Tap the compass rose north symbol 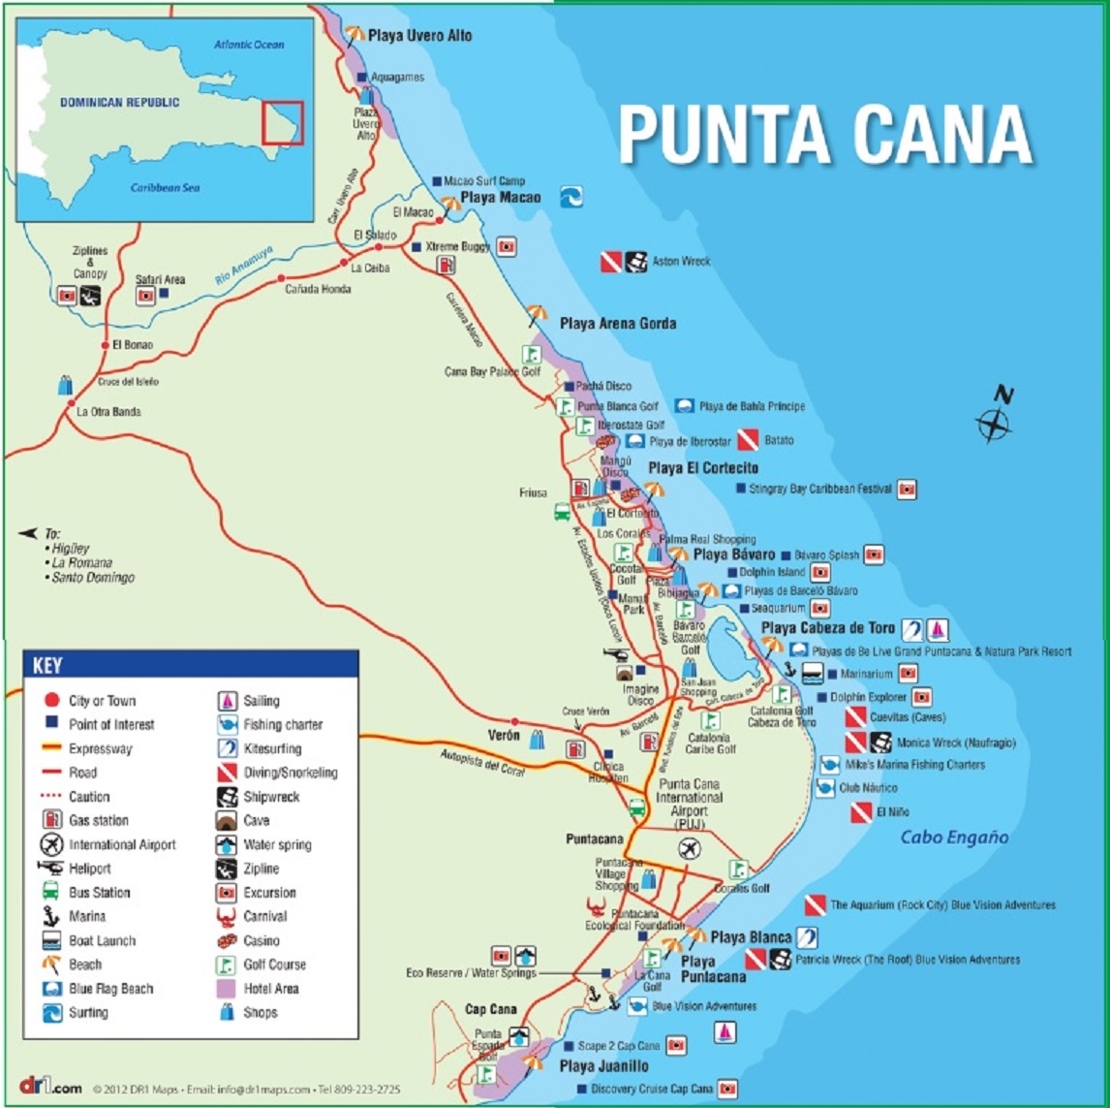click(996, 419)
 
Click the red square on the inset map click(283, 123)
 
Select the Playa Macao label click(500, 198)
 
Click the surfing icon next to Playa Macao click(571, 198)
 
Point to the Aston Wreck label click(680, 261)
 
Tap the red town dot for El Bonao click(106, 345)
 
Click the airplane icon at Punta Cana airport click(690, 848)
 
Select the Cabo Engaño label click(954, 838)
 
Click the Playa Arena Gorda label click(617, 324)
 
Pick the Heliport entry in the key click(89, 869)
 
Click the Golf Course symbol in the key click(227, 965)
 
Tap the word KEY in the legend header click(47, 666)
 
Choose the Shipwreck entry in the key click(271, 797)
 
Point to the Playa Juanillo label click(603, 1066)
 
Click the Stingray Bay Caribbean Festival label click(819, 490)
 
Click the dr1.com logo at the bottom click(50, 1087)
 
